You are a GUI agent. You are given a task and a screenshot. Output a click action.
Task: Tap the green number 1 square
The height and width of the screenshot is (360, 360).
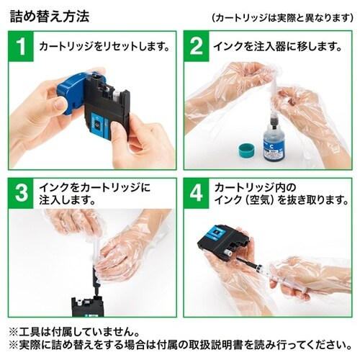click(22, 48)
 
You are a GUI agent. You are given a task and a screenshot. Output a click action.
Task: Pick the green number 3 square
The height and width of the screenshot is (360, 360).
click(22, 191)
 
